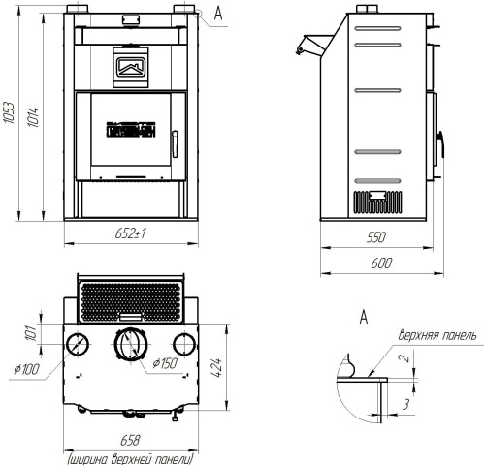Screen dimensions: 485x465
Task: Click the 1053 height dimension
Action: pos(9,112)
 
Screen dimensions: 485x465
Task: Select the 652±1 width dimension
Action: pos(130,232)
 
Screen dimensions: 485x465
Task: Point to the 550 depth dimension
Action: pos(376,237)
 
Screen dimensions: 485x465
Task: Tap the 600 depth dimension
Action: pos(381,263)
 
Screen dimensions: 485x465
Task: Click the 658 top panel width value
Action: pos(130,440)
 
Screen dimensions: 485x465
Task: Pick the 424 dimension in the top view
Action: pos(216,367)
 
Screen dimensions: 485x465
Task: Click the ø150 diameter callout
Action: pos(165,363)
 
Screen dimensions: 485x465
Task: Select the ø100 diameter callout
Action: pos(26,369)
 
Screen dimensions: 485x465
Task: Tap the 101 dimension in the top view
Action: pos(32,333)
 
